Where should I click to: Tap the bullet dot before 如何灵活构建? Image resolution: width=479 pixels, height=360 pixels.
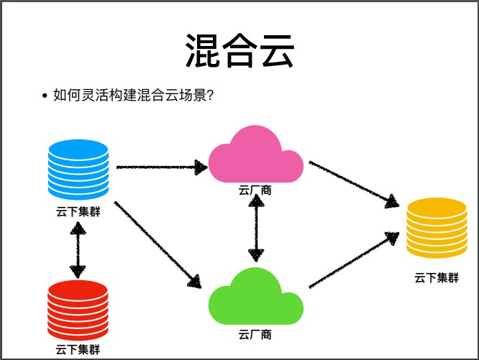(x=45, y=96)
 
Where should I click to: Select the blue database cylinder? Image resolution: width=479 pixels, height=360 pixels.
(x=78, y=170)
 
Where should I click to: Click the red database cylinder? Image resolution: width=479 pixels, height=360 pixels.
(x=78, y=310)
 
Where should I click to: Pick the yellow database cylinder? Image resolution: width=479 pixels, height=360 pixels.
(x=437, y=228)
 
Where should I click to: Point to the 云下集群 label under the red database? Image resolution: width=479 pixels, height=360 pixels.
(x=78, y=350)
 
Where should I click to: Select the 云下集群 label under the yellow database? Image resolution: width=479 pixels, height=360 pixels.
(x=437, y=277)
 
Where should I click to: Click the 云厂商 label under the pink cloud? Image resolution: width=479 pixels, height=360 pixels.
(x=255, y=190)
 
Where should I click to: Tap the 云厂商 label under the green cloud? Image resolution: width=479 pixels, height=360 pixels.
(x=255, y=334)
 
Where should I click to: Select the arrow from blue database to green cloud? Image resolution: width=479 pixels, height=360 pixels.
(x=158, y=243)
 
